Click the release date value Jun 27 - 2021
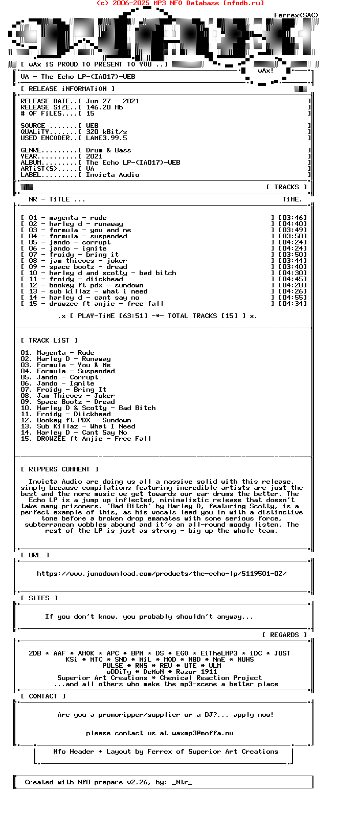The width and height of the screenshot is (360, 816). pyautogui.click(x=112, y=101)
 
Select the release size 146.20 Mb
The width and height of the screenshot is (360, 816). pyautogui.click(x=104, y=107)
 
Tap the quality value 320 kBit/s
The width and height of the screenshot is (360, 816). pyautogui.click(x=106, y=132)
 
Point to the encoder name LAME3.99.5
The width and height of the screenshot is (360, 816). pyautogui.click(x=106, y=138)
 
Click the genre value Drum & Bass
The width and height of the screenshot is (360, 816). pyautogui.click(x=108, y=150)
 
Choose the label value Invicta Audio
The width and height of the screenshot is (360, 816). pyautogui.click(x=112, y=175)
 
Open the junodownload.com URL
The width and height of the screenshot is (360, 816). pyautogui.click(x=162, y=574)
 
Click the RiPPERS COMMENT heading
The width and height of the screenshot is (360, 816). pyautogui.click(x=59, y=469)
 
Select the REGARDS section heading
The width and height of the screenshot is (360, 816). pyautogui.click(x=284, y=635)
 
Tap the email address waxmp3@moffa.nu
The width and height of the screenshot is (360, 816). pyautogui.click(x=202, y=733)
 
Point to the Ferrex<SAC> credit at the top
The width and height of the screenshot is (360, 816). pyautogui.click(x=296, y=15)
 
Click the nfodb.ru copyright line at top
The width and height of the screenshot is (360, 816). pyautogui.click(x=180, y=3)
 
